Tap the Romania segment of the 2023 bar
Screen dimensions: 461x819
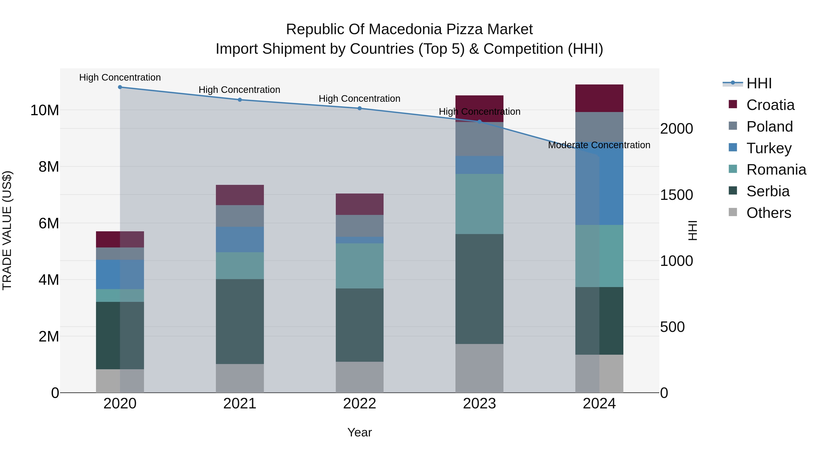tap(479, 204)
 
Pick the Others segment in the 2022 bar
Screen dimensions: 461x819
tap(360, 377)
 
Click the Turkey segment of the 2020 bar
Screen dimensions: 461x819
tap(120, 274)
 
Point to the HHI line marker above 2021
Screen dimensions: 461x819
tap(240, 99)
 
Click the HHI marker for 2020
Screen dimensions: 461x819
tap(120, 87)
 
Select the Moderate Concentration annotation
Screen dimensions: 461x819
tap(599, 145)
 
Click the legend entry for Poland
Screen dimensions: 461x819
tap(769, 127)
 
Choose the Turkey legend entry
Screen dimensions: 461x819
tap(769, 148)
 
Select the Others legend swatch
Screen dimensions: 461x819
tap(733, 212)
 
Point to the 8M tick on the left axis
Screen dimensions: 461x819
tap(49, 167)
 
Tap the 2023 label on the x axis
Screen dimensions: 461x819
tap(479, 404)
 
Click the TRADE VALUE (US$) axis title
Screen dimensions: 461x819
tap(7, 230)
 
